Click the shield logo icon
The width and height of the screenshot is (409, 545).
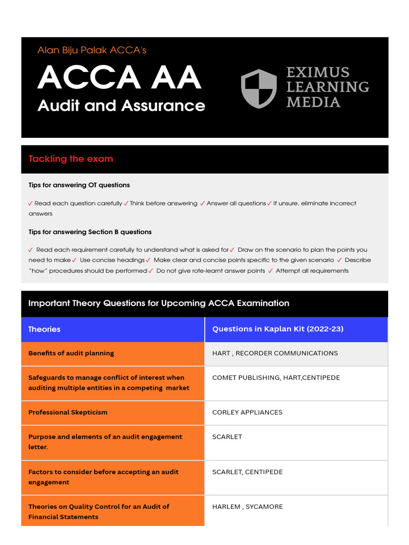coord(259,88)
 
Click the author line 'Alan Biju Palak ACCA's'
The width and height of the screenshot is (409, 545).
coord(92,51)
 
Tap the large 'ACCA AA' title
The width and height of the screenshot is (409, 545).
coord(119,77)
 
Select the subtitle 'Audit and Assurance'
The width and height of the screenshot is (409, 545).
coord(121,105)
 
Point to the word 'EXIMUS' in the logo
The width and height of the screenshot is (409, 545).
coord(318,72)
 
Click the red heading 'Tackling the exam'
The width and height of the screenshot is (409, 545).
coord(70,159)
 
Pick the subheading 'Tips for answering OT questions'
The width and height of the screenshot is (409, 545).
coord(79,185)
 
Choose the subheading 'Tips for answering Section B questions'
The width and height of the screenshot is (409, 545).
coord(90,232)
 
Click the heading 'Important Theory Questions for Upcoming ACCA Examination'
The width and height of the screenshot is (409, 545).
coord(159,303)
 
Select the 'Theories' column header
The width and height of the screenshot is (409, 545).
coord(44,329)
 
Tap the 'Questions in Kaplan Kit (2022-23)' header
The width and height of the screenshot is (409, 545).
coord(277,329)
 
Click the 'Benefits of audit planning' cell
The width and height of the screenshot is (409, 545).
coord(71,353)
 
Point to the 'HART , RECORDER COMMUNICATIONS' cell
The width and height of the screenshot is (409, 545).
coord(275,353)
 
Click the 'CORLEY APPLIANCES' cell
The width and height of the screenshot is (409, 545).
coord(247,412)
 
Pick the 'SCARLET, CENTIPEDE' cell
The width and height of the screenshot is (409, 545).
coord(247,472)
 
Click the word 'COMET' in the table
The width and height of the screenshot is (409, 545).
coord(224,378)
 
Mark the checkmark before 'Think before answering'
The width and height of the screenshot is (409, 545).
coord(126,203)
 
